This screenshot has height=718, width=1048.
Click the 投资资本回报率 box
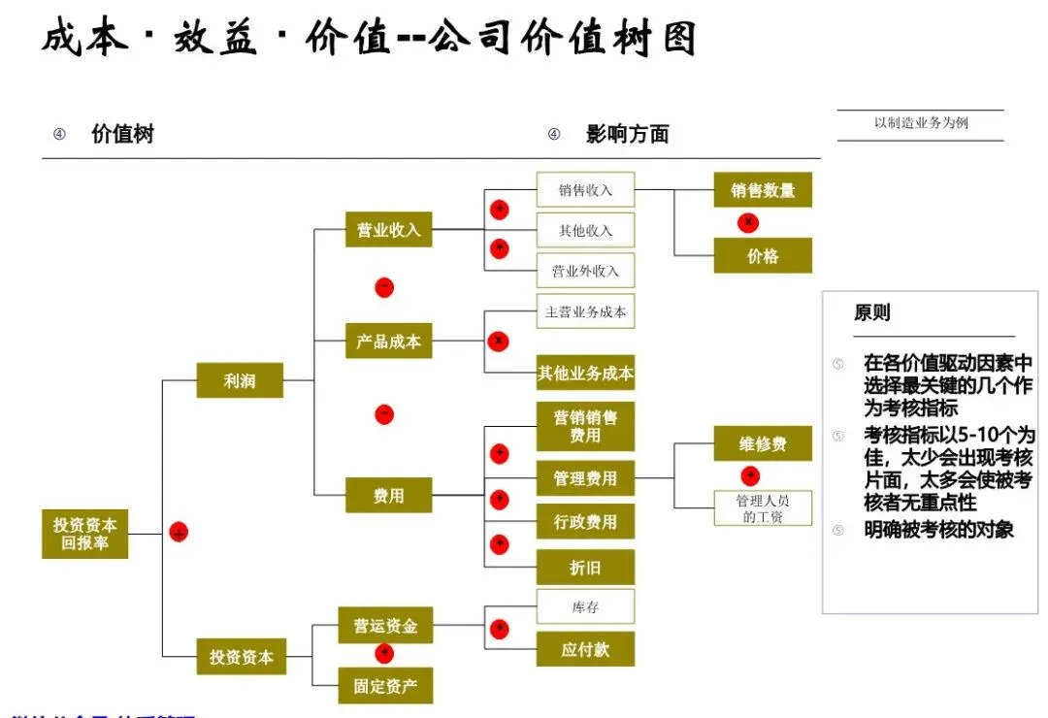click(85, 534)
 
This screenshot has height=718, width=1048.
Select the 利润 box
click(240, 380)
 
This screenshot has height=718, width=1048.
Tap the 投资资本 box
click(241, 657)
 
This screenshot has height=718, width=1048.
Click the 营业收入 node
click(388, 230)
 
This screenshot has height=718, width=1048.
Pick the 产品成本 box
click(388, 342)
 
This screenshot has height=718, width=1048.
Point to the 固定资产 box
click(385, 686)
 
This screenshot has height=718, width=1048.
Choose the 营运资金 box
click(385, 626)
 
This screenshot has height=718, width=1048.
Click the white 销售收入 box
click(585, 190)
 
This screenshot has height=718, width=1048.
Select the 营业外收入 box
click(585, 271)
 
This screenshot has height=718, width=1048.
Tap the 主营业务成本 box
click(585, 311)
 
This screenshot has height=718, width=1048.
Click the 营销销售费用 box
click(585, 427)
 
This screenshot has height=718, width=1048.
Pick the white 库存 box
click(585, 607)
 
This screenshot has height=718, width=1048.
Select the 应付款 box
click(585, 649)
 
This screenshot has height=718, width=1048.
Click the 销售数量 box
click(763, 190)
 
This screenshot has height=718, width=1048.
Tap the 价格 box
click(763, 256)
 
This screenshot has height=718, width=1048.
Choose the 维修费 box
click(763, 444)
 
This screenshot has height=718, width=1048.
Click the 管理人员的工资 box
click(763, 508)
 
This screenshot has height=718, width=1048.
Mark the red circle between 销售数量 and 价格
click(748, 223)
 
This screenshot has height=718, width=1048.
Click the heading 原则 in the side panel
click(871, 313)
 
